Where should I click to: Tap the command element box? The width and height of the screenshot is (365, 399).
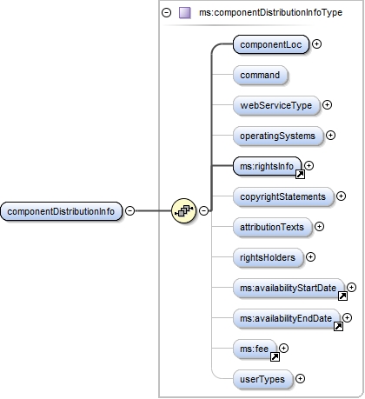pos(260,75)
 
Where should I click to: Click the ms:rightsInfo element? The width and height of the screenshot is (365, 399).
pos(267,165)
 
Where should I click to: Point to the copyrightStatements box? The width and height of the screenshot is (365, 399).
pos(283,196)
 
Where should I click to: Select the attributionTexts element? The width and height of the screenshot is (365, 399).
pos(273,227)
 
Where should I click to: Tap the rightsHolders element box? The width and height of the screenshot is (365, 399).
pos(268,257)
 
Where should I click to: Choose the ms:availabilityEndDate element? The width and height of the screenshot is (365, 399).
pos(287,318)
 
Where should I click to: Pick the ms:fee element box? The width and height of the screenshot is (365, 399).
pos(255,349)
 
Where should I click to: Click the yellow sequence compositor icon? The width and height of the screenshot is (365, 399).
pos(184,210)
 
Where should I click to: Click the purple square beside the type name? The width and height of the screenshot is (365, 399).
pos(184,13)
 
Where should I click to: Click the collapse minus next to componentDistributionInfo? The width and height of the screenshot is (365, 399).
pos(129,210)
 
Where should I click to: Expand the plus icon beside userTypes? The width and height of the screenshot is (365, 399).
pos(301,379)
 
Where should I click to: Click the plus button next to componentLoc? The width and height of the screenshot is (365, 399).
pos(317,44)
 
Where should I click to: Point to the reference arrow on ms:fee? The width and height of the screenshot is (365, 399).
pos(275,356)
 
